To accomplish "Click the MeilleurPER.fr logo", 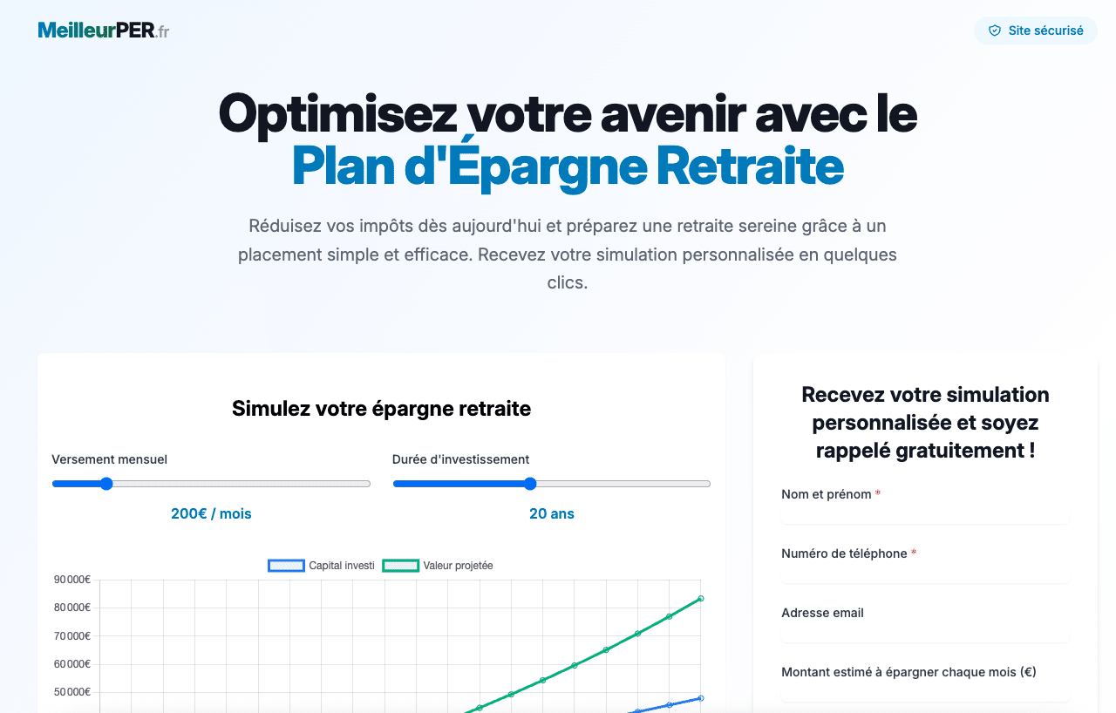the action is click(x=104, y=31).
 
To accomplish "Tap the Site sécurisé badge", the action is click(x=1035, y=31).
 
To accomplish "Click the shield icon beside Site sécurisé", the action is click(x=995, y=31).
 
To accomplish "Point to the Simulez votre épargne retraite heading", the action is click(x=381, y=408).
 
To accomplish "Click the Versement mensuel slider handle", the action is click(x=106, y=484).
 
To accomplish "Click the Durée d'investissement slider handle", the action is click(x=530, y=484).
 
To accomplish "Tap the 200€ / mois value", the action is click(x=211, y=513).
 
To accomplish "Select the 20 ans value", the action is click(x=552, y=513).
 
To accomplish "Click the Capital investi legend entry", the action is click(x=322, y=566).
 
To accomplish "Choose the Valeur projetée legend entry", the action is click(x=438, y=566).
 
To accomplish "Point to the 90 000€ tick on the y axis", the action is click(x=72, y=579).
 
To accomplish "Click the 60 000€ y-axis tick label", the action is click(x=72, y=663).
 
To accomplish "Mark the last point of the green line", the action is click(x=700, y=599).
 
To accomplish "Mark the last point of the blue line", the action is click(x=700, y=698).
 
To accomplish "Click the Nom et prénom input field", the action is click(x=925, y=515).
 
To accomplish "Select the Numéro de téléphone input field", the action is click(x=925, y=574).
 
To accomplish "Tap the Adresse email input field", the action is click(x=925, y=634).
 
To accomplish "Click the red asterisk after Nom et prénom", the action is click(x=878, y=492).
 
